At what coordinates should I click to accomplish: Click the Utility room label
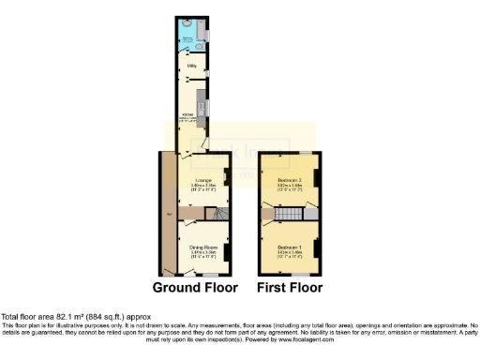tap(189, 67)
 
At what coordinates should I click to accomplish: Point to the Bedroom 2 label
tap(288, 179)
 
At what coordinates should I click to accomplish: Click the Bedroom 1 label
tap(290, 247)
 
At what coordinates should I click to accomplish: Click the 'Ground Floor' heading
tap(195, 288)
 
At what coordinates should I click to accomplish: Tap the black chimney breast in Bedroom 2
tap(316, 179)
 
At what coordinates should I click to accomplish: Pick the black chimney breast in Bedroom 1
tap(316, 248)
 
